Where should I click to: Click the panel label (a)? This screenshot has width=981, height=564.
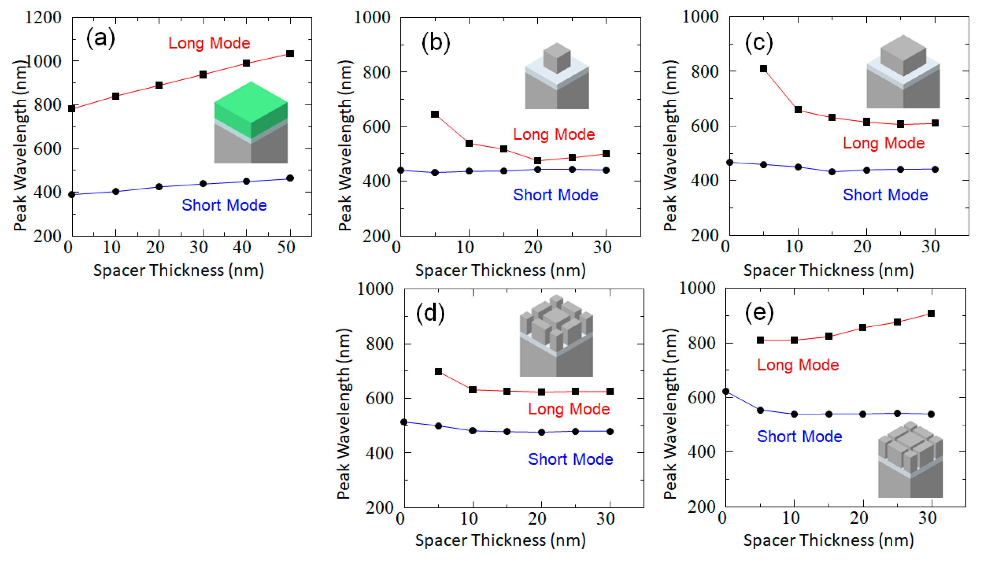click(100, 38)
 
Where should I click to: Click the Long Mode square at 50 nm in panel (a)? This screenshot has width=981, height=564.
click(290, 54)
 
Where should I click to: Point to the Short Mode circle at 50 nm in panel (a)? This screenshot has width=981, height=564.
click(290, 178)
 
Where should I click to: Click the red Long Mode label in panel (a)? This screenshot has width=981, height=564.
click(209, 43)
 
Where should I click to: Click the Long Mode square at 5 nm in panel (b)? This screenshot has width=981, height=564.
click(435, 114)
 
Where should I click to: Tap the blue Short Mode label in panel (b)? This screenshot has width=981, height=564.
click(555, 195)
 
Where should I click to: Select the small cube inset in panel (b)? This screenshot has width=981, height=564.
click(557, 76)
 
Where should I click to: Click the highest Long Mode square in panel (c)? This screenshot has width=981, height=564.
click(763, 69)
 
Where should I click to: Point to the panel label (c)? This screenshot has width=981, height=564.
click(758, 43)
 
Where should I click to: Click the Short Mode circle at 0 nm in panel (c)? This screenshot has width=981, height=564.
click(730, 162)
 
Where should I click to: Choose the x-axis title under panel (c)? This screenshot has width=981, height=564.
click(828, 270)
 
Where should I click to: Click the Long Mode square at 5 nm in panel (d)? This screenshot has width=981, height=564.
click(438, 371)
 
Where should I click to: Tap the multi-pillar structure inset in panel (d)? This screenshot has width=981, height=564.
click(556, 335)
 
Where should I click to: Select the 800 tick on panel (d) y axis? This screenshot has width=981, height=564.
click(379, 344)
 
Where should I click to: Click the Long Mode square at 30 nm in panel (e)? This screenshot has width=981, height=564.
click(931, 313)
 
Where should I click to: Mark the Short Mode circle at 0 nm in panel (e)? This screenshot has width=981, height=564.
click(726, 391)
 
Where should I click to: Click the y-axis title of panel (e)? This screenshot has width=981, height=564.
click(670, 414)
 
